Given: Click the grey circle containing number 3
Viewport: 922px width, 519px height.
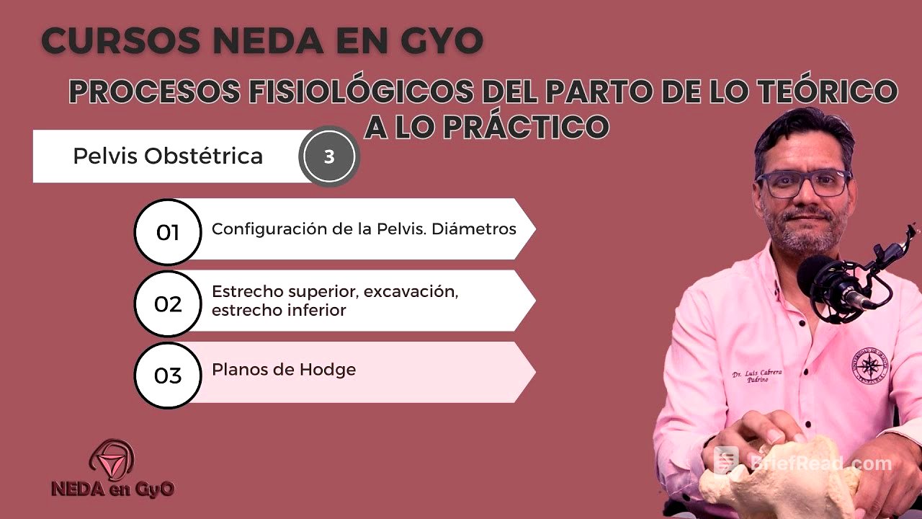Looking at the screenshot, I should [329, 156].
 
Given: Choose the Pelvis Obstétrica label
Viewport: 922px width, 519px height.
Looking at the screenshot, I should [168, 156].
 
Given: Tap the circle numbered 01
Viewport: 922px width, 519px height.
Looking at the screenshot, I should [167, 232].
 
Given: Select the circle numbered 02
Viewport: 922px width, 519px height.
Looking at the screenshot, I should [167, 303].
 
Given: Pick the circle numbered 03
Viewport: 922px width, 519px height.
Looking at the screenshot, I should [167, 376].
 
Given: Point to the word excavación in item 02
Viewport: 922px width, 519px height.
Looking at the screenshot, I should [411, 292].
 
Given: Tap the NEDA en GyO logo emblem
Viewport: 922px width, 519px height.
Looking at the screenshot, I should [112, 459].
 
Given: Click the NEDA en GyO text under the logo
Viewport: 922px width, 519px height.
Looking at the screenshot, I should [112, 488].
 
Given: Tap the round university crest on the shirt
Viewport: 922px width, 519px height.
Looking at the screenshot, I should [869, 365].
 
